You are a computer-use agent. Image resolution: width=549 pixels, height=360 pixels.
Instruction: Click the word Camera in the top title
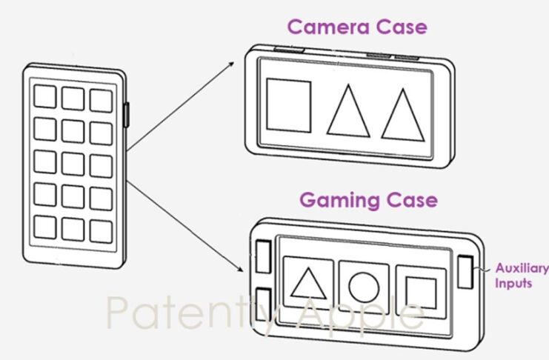click(x=321, y=27)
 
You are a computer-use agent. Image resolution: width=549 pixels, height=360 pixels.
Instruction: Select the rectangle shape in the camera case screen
click(x=288, y=104)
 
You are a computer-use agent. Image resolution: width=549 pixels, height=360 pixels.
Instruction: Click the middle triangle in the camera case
click(x=347, y=112)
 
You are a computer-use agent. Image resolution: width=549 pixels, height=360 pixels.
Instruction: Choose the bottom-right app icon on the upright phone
click(x=101, y=230)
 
